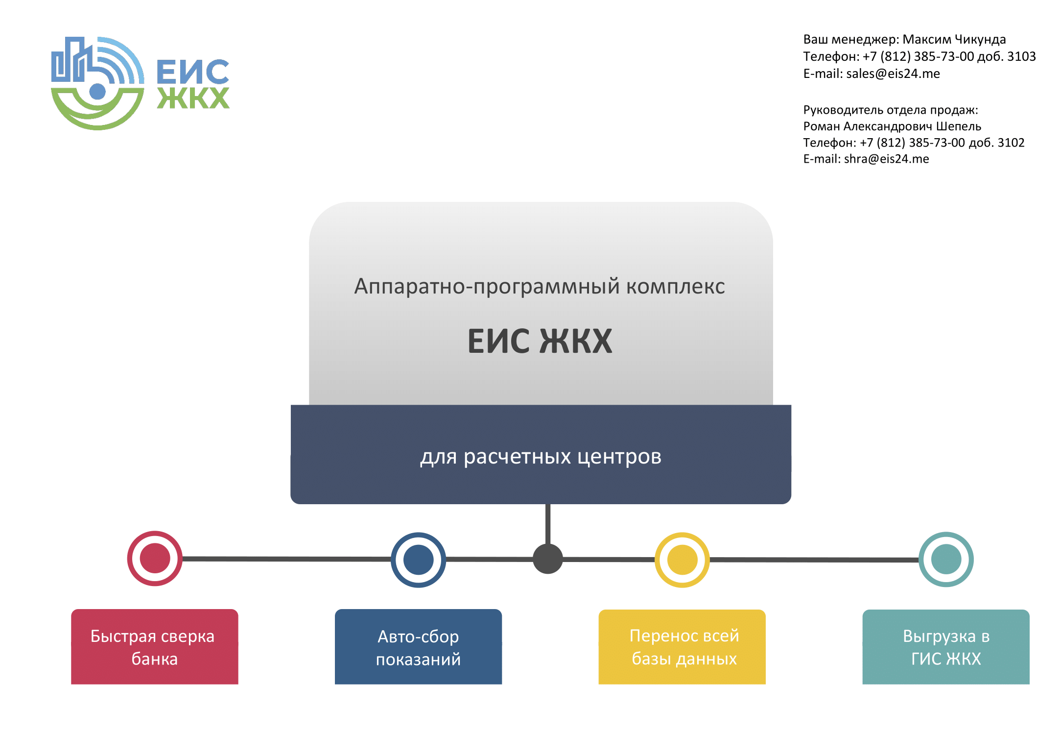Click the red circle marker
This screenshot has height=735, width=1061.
155,558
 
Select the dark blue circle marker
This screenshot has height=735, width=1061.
418,560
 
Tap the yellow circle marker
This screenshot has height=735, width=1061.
682,560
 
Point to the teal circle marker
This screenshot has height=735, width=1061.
946,559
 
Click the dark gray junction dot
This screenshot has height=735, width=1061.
547,559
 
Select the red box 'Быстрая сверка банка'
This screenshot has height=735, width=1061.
155,647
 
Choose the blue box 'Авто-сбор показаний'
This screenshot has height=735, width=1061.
418,647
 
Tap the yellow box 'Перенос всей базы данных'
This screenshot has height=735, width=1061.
682,647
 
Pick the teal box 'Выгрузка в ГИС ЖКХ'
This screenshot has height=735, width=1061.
946,647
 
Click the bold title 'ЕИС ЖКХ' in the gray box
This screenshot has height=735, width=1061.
540,341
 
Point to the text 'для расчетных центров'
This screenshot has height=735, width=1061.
541,457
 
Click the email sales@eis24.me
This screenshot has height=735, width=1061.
893,73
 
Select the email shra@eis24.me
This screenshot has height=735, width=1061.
886,159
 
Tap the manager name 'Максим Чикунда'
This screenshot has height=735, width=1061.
954,39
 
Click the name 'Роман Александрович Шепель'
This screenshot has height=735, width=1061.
892,126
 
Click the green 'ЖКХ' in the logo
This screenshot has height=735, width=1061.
193,98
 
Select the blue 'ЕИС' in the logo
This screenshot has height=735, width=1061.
193,72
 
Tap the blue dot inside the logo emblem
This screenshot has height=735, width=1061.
97,91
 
